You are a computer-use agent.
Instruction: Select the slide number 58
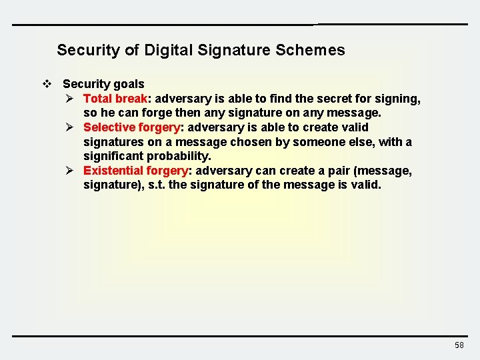coord(459,345)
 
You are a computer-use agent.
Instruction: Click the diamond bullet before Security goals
coord(47,84)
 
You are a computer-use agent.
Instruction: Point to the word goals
coord(129,84)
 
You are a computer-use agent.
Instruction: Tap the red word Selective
coord(109,127)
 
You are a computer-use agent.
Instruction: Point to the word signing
coord(397,99)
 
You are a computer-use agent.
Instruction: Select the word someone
coord(327,142)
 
